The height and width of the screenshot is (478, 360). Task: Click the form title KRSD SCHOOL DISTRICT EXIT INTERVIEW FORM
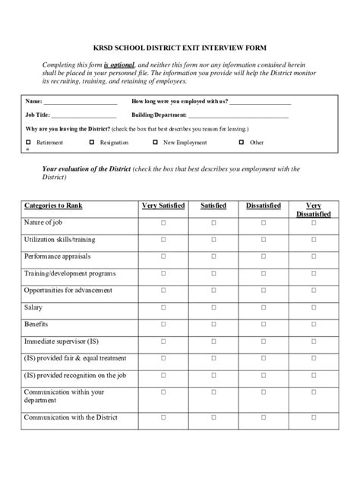[x=180, y=48]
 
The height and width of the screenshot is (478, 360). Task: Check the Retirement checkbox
[x=29, y=142]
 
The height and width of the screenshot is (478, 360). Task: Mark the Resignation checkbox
[x=93, y=142]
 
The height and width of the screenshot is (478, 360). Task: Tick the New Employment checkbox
[x=156, y=142]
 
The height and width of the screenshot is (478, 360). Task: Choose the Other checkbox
[x=242, y=142]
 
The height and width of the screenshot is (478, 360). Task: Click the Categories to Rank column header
[x=53, y=206]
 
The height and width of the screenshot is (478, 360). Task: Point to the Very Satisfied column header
[x=163, y=206]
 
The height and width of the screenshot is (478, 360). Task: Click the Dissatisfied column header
[x=264, y=206]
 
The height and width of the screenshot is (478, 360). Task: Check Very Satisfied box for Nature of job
[x=163, y=222]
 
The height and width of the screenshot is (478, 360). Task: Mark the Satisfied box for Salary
[x=213, y=307]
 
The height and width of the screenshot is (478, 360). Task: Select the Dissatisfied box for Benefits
[x=264, y=325]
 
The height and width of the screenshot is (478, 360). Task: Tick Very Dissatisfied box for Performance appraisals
[x=313, y=256]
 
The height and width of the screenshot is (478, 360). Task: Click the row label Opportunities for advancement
[x=68, y=291]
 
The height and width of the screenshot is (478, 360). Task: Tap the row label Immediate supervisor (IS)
[x=61, y=341]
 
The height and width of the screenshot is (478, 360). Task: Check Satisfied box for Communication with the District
[x=213, y=418]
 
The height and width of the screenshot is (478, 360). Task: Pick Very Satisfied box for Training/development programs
[x=163, y=273]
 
